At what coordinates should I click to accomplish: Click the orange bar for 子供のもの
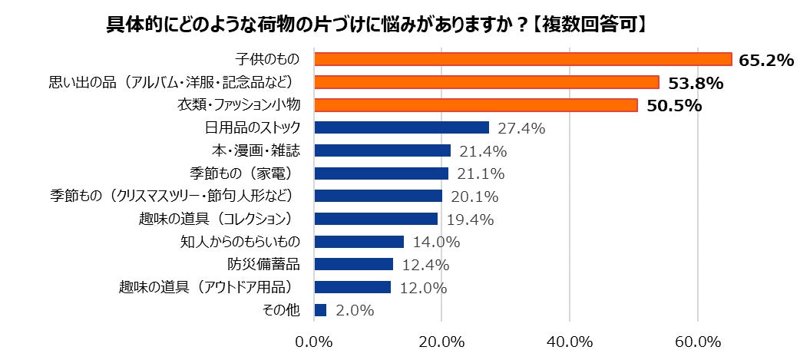tap(523, 59)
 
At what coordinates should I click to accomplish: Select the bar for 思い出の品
tap(487, 82)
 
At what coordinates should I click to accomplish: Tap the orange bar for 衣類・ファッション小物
tap(476, 104)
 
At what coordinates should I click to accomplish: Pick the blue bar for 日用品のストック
tap(402, 127)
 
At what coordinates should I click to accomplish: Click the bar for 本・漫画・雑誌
tap(382, 150)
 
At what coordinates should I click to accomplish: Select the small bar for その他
tap(320, 310)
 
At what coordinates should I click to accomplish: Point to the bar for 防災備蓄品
tap(354, 265)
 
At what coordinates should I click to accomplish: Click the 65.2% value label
tap(765, 61)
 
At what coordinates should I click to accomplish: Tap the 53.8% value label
tap(692, 83)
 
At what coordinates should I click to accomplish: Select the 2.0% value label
tap(355, 311)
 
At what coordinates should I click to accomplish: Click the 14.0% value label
tap(435, 243)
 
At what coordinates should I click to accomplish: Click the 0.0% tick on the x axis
tap(315, 340)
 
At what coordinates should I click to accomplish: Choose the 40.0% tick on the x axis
tap(570, 340)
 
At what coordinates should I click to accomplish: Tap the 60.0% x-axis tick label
tap(697, 340)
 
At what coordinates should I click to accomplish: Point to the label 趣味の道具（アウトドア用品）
tap(209, 288)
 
